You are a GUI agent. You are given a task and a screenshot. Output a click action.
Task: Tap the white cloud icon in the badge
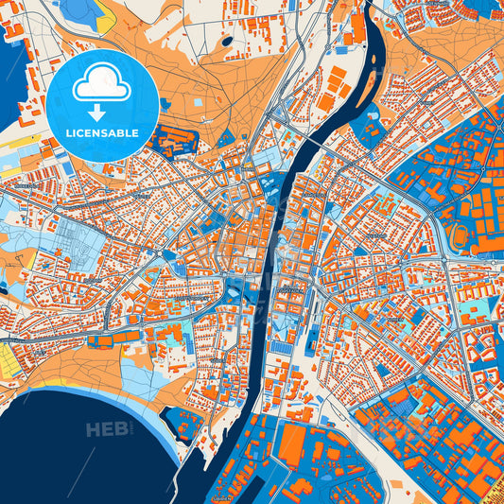pos(102,86)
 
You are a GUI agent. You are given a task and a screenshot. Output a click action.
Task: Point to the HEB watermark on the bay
pos(107,430)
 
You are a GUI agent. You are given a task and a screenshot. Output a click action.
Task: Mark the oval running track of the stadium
pos(461,235)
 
